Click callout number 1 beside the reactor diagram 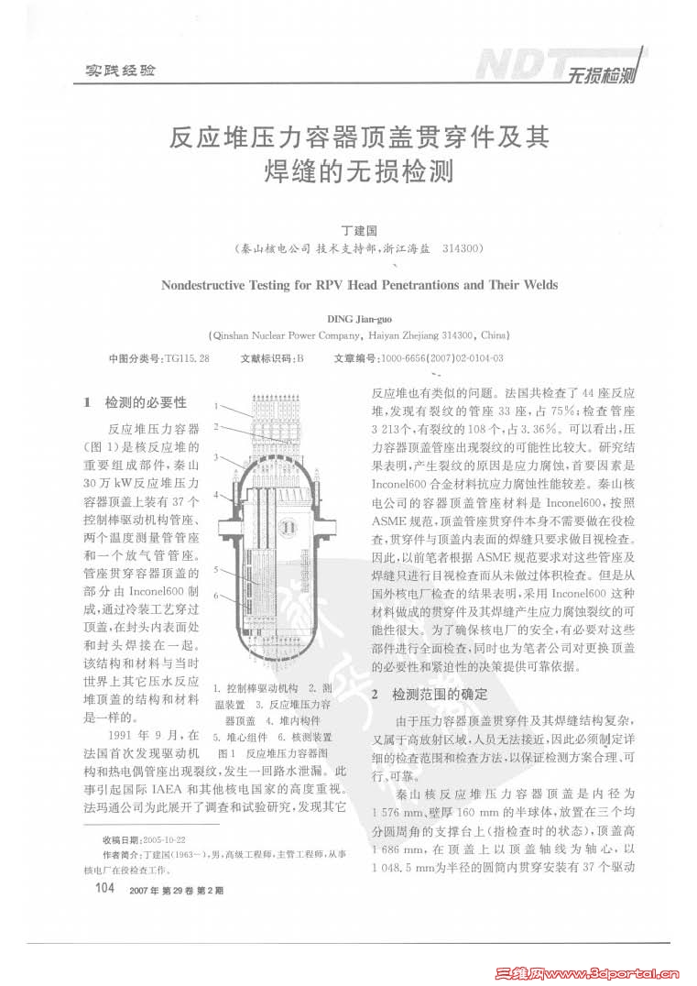[218, 405]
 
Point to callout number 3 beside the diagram [218, 456]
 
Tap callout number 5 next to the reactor [218, 570]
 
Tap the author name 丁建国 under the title [359, 232]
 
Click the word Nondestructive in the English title [210, 285]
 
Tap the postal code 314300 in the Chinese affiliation [464, 249]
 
